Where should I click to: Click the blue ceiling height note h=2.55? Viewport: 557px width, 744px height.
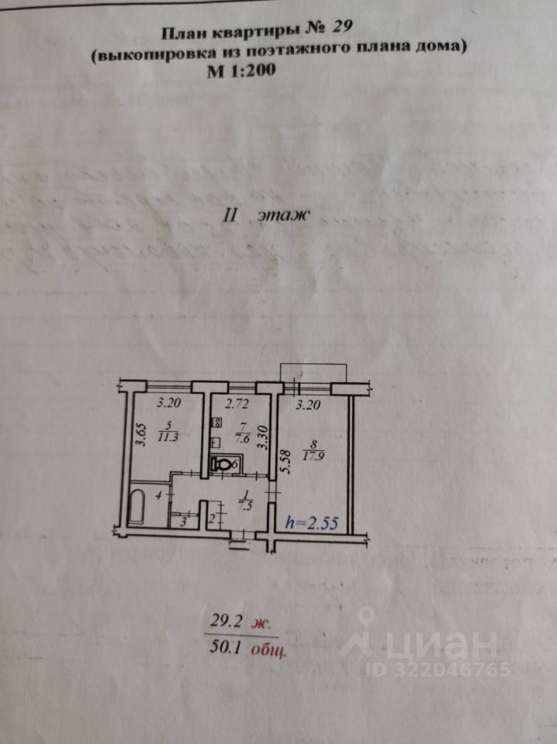pos(313,522)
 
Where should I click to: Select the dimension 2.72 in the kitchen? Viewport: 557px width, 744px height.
pos(237,404)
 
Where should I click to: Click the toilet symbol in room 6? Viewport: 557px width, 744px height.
pos(223,465)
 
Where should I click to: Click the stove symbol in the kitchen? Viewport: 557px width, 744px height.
pos(216,423)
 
